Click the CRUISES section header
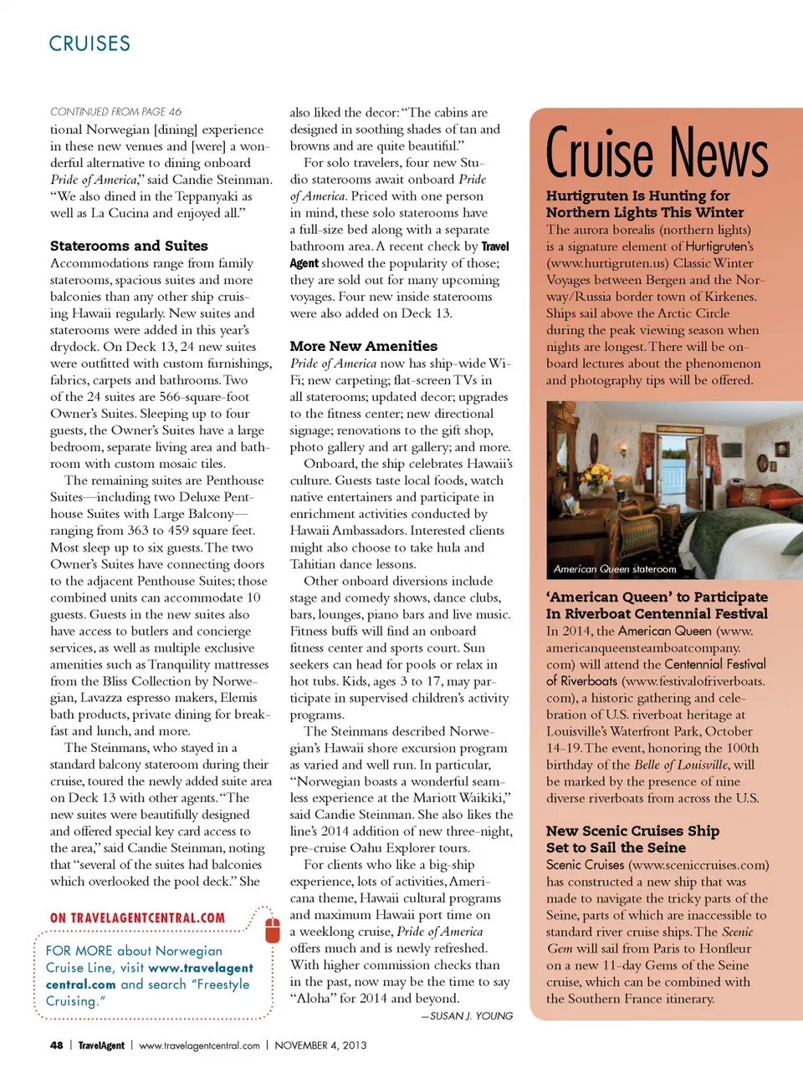(x=90, y=43)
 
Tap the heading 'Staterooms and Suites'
(x=129, y=246)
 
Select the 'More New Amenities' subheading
(x=363, y=346)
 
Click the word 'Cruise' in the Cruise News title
(x=599, y=154)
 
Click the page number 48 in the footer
(x=56, y=1045)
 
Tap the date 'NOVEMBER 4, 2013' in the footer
(x=320, y=1045)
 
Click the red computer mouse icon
(x=272, y=929)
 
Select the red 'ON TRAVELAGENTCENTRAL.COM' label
(x=137, y=918)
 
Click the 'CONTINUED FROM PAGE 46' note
(x=115, y=112)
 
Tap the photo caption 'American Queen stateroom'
(x=615, y=569)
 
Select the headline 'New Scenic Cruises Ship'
(x=632, y=831)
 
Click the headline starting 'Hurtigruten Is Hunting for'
(x=637, y=196)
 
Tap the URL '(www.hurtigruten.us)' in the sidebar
(x=600, y=263)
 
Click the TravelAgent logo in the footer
(x=101, y=1045)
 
